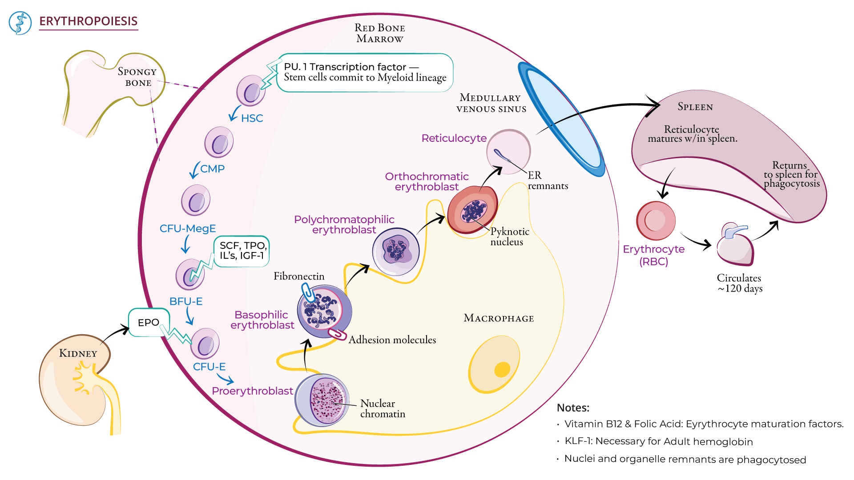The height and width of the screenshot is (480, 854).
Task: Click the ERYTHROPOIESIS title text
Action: click(x=88, y=21)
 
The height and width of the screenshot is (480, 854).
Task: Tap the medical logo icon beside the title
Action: click(x=20, y=23)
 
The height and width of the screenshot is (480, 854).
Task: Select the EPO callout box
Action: click(x=148, y=322)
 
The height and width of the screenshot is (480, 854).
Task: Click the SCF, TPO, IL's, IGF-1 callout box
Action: click(x=242, y=251)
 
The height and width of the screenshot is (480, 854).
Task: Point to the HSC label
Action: click(x=252, y=118)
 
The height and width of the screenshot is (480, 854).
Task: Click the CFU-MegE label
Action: click(x=188, y=228)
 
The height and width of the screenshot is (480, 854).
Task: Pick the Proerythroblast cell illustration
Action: click(x=322, y=400)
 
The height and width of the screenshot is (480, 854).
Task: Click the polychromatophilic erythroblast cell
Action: click(x=395, y=252)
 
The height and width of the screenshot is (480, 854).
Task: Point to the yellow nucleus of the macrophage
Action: click(x=502, y=369)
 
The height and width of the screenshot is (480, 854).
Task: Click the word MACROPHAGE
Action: click(x=499, y=318)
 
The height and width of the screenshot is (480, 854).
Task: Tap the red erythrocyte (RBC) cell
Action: click(x=656, y=221)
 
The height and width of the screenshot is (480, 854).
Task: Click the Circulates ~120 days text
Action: click(x=739, y=283)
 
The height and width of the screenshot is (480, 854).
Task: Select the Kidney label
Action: click(x=78, y=353)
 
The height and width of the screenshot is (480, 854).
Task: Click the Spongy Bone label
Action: click(x=137, y=77)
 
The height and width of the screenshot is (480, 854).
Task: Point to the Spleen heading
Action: click(x=695, y=107)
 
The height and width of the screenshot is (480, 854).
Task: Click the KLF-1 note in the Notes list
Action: click(x=658, y=441)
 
